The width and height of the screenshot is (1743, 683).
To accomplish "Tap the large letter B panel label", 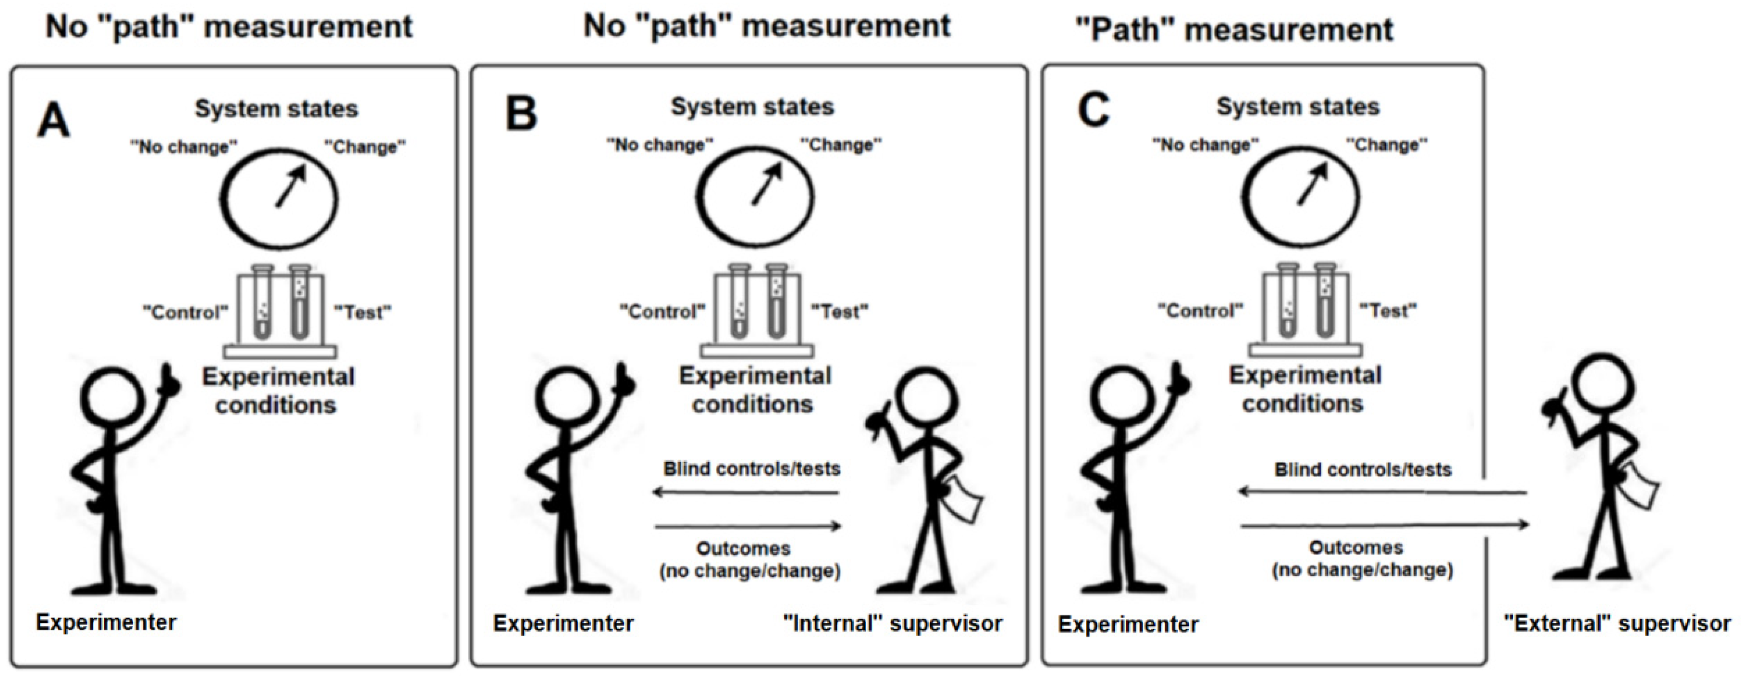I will [521, 114].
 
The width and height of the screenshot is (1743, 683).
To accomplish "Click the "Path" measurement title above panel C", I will [1233, 30].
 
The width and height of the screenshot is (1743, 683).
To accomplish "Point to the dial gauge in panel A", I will [279, 198].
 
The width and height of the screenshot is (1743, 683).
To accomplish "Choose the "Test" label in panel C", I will [1388, 311].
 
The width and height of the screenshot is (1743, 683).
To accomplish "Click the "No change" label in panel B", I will [660, 145].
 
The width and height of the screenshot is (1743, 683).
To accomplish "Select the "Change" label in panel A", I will [365, 147].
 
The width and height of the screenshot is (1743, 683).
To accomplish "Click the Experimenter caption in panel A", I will [106, 622].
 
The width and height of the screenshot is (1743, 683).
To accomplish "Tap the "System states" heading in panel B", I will [752, 107].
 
